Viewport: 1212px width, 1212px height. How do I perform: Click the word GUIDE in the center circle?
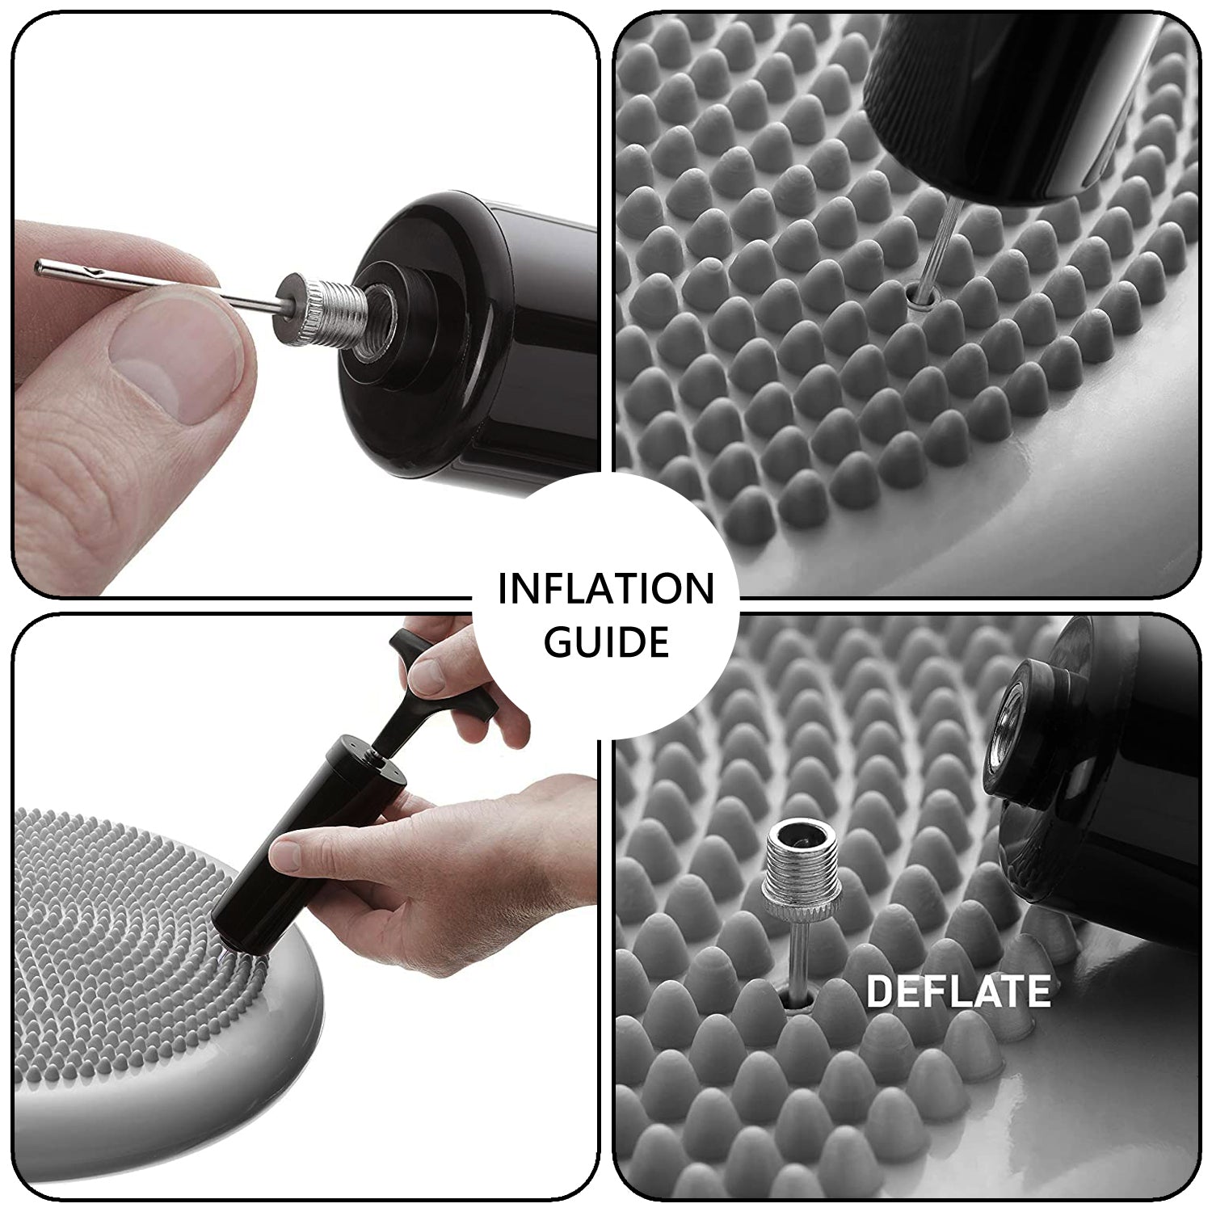coord(606,641)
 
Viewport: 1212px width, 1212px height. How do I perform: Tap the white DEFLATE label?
coord(958,991)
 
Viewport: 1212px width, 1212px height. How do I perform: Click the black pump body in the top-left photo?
coord(469,335)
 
